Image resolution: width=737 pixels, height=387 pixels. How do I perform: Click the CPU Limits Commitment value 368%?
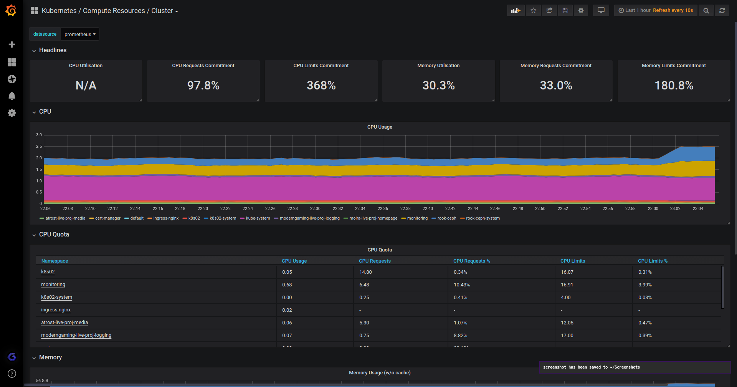(x=321, y=85)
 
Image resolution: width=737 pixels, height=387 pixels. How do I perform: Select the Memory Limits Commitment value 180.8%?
(x=674, y=85)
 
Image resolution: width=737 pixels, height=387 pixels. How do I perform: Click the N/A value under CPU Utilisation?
(x=86, y=85)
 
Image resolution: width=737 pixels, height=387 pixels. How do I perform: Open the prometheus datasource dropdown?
(x=80, y=34)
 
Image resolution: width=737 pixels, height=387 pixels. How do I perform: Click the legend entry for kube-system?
(x=258, y=218)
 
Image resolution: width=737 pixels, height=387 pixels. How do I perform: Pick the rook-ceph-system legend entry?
(x=483, y=218)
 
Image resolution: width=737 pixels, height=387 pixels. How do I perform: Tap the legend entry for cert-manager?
(x=107, y=218)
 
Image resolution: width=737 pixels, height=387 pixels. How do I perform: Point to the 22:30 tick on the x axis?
(x=315, y=208)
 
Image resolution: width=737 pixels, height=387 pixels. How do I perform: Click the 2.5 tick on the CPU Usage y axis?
(x=39, y=146)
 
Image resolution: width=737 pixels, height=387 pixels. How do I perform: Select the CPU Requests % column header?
(x=471, y=261)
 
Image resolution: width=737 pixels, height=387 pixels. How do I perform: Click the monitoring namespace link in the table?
(x=53, y=284)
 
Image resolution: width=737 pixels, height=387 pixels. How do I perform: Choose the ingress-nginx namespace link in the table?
(x=56, y=310)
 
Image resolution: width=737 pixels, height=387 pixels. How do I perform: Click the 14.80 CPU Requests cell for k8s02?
(x=365, y=272)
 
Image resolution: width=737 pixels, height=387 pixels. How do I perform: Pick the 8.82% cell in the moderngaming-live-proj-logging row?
(x=460, y=335)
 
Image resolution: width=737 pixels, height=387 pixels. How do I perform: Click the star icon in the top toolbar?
(x=533, y=10)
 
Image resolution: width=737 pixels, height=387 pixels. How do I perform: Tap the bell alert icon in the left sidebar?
(x=12, y=96)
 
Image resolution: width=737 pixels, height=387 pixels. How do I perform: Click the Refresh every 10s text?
(x=673, y=10)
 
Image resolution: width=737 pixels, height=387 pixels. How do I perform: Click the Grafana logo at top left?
(x=11, y=10)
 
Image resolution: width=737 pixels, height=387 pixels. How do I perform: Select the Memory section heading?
(x=50, y=357)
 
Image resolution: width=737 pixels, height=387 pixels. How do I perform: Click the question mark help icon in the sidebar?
(x=12, y=373)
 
